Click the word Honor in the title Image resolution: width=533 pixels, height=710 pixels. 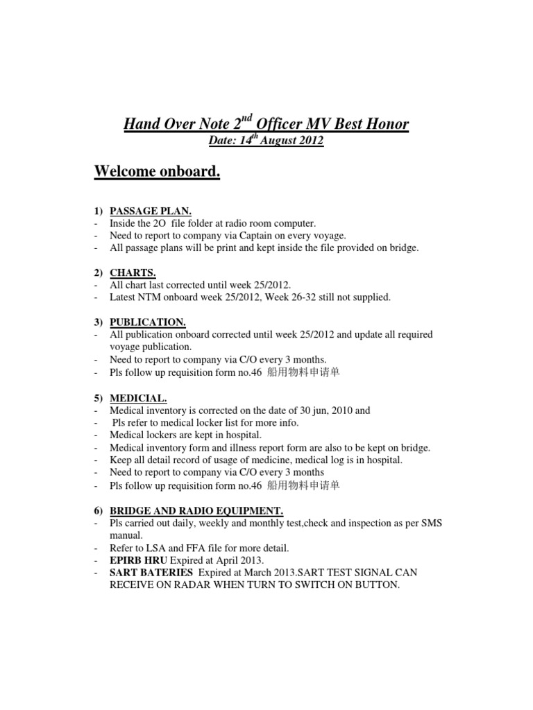pyautogui.click(x=384, y=124)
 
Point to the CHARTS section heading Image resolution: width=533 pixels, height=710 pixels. pyautogui.click(x=133, y=272)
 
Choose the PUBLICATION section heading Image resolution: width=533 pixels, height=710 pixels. pyautogui.click(x=147, y=322)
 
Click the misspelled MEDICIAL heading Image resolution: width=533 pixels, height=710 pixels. pyautogui.click(x=138, y=398)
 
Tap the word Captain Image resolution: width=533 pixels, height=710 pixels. pyautogui.click(x=249, y=235)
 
